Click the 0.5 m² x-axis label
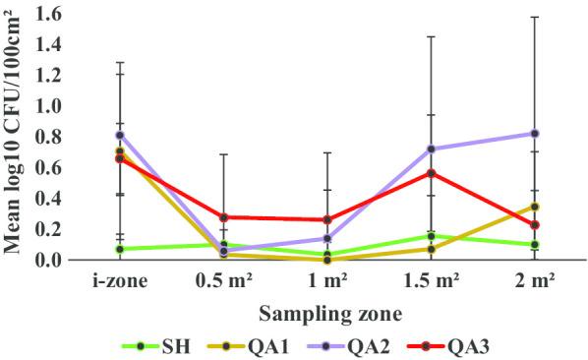[x=223, y=280]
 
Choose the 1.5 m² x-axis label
[x=431, y=280]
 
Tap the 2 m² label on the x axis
[x=534, y=280]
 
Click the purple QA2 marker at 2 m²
[x=535, y=133]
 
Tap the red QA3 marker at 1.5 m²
[x=431, y=173]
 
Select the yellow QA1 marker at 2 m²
[x=535, y=207]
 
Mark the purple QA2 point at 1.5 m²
[x=431, y=149]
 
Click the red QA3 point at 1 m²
[x=326, y=219]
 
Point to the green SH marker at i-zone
[x=119, y=249]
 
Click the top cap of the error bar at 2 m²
[x=535, y=17]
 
